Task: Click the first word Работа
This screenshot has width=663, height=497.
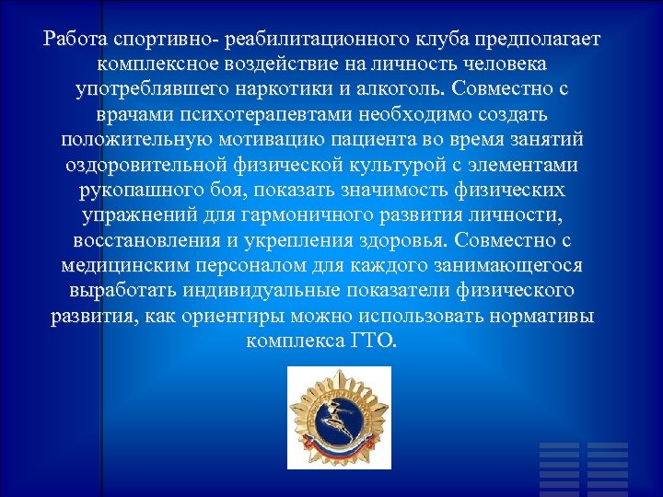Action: pyautogui.click(x=76, y=41)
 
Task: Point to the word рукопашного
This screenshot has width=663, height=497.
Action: pyautogui.click(x=138, y=191)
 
